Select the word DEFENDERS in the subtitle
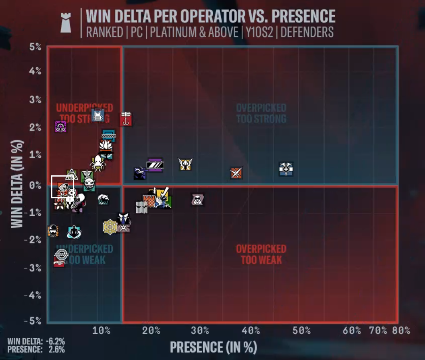[307, 32]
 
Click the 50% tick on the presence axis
[301, 331]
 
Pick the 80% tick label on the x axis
[401, 331]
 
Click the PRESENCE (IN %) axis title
[213, 347]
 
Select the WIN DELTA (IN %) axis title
[17, 184]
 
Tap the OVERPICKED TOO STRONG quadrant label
[261, 113]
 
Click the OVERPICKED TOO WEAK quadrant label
[261, 254]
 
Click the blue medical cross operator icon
[286, 169]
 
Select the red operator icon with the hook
[126, 119]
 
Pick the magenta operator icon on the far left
[60, 127]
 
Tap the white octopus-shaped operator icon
[98, 162]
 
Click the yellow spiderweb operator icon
[110, 227]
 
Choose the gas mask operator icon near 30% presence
[197, 200]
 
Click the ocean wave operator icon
[103, 199]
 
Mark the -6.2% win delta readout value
[56, 342]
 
